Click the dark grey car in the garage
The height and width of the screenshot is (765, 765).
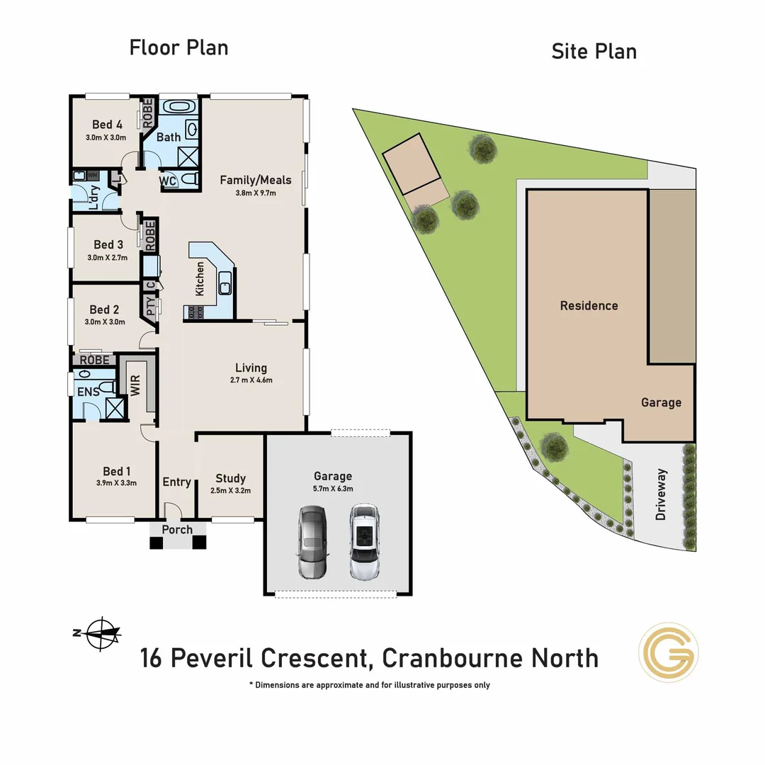(312, 542)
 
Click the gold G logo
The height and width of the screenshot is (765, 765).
(669, 652)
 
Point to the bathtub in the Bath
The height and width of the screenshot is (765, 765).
(177, 107)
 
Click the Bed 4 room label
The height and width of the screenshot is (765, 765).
(108, 125)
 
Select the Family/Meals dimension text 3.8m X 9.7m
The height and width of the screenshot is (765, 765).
(256, 193)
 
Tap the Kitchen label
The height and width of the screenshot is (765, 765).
(200, 278)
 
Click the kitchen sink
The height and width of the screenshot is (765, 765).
(225, 283)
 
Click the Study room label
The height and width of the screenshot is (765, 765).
(231, 478)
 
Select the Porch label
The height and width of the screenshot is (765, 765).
(177, 529)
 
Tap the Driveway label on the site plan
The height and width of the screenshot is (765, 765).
(662, 494)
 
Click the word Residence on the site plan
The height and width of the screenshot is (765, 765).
(589, 305)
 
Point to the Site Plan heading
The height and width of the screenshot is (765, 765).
(594, 51)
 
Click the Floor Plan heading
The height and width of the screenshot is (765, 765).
(178, 47)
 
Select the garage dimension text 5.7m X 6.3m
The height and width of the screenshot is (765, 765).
(333, 488)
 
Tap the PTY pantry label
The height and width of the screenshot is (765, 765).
(150, 306)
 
